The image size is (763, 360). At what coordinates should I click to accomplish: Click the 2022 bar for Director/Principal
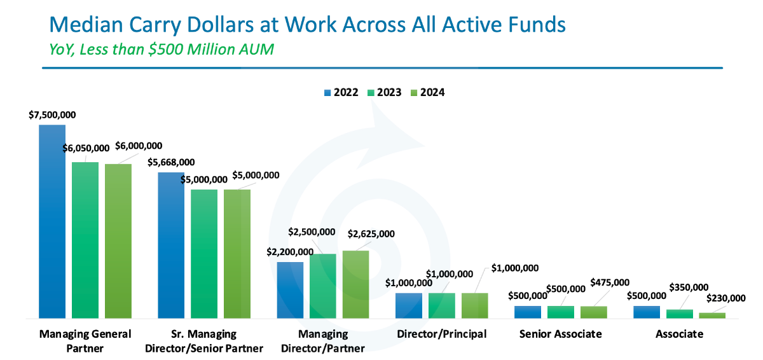point(408,305)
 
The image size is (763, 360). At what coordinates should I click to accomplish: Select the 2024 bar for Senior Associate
point(593,312)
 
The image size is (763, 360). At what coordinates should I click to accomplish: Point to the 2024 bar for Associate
point(712,315)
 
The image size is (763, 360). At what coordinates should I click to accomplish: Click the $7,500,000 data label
point(52,115)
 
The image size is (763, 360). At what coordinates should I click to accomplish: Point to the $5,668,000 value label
point(171,163)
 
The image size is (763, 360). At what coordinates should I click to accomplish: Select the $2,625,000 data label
point(371,233)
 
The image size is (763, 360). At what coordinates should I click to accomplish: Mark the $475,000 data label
point(610,282)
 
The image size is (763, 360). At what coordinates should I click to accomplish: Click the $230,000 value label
point(726,298)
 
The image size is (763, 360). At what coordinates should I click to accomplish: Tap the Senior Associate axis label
point(560,334)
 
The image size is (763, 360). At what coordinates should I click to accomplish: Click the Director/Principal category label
point(441,334)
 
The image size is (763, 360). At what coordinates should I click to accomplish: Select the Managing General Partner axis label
point(85,341)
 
